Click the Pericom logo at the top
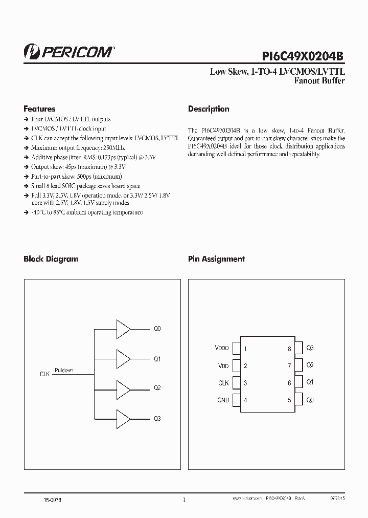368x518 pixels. click(69, 51)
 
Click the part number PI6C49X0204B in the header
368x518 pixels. click(304, 53)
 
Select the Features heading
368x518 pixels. click(39, 109)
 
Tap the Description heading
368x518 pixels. click(209, 109)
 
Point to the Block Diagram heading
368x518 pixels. click(51, 259)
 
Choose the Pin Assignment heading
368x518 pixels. click(216, 259)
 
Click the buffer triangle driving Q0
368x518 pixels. click(123, 329)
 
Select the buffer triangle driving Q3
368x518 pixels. click(123, 419)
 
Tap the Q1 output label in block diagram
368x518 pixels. click(157, 359)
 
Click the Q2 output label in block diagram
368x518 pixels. click(157, 388)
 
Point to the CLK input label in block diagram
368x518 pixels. click(44, 374)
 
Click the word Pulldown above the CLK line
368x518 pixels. click(63, 370)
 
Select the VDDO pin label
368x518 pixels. click(222, 349)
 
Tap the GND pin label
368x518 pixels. click(223, 400)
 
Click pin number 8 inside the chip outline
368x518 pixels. click(289, 349)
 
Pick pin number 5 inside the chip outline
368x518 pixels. click(289, 400)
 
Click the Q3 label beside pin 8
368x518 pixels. click(310, 348)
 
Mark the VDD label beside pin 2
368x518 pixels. click(223, 366)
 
